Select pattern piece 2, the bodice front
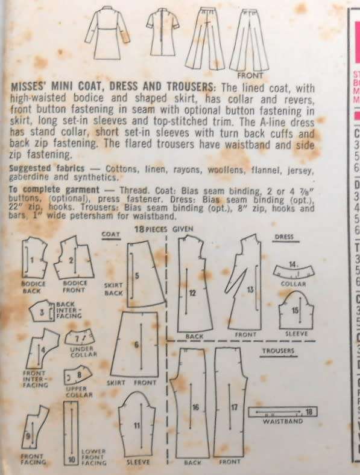(x=72, y=260)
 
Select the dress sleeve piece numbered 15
(x=294, y=311)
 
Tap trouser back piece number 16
(x=194, y=407)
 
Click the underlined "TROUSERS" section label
(x=279, y=350)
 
